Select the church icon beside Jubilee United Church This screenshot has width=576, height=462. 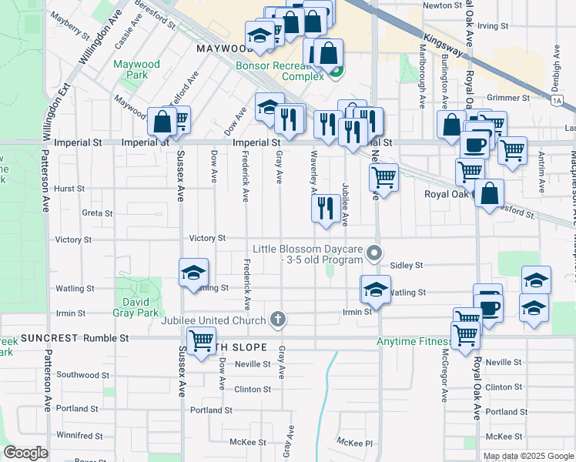coord(279,320)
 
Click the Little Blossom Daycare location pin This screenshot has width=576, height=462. coord(374,253)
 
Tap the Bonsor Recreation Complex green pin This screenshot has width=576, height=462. coord(337,74)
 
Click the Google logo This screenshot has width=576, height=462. coord(25,453)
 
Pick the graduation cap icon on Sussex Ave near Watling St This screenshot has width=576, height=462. coord(193,273)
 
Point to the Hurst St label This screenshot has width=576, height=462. coord(69,189)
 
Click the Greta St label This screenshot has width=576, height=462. coord(97,213)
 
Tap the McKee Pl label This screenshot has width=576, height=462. coord(354,442)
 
